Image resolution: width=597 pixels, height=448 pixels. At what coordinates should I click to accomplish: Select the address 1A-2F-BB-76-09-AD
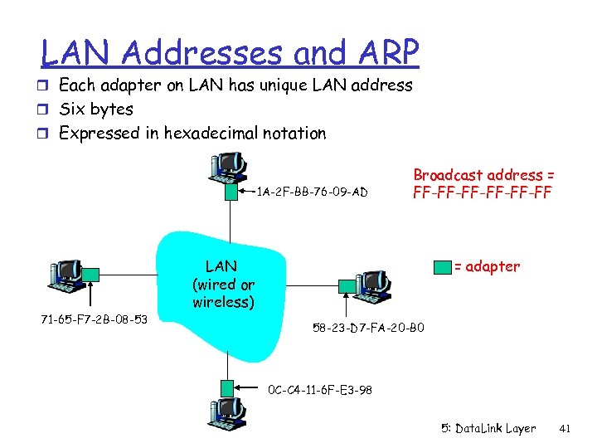[312, 192]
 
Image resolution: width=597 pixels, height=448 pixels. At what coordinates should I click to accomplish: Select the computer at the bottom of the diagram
[228, 416]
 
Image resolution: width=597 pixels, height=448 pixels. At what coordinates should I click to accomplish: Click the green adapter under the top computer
[229, 192]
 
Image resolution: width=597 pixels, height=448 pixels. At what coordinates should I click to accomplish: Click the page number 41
[566, 429]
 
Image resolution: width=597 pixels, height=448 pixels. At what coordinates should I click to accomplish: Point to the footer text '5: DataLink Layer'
[488, 429]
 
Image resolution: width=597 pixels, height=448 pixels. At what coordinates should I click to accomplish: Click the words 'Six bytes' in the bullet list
[96, 109]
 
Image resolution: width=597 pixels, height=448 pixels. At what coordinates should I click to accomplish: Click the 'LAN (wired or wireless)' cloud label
[221, 285]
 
